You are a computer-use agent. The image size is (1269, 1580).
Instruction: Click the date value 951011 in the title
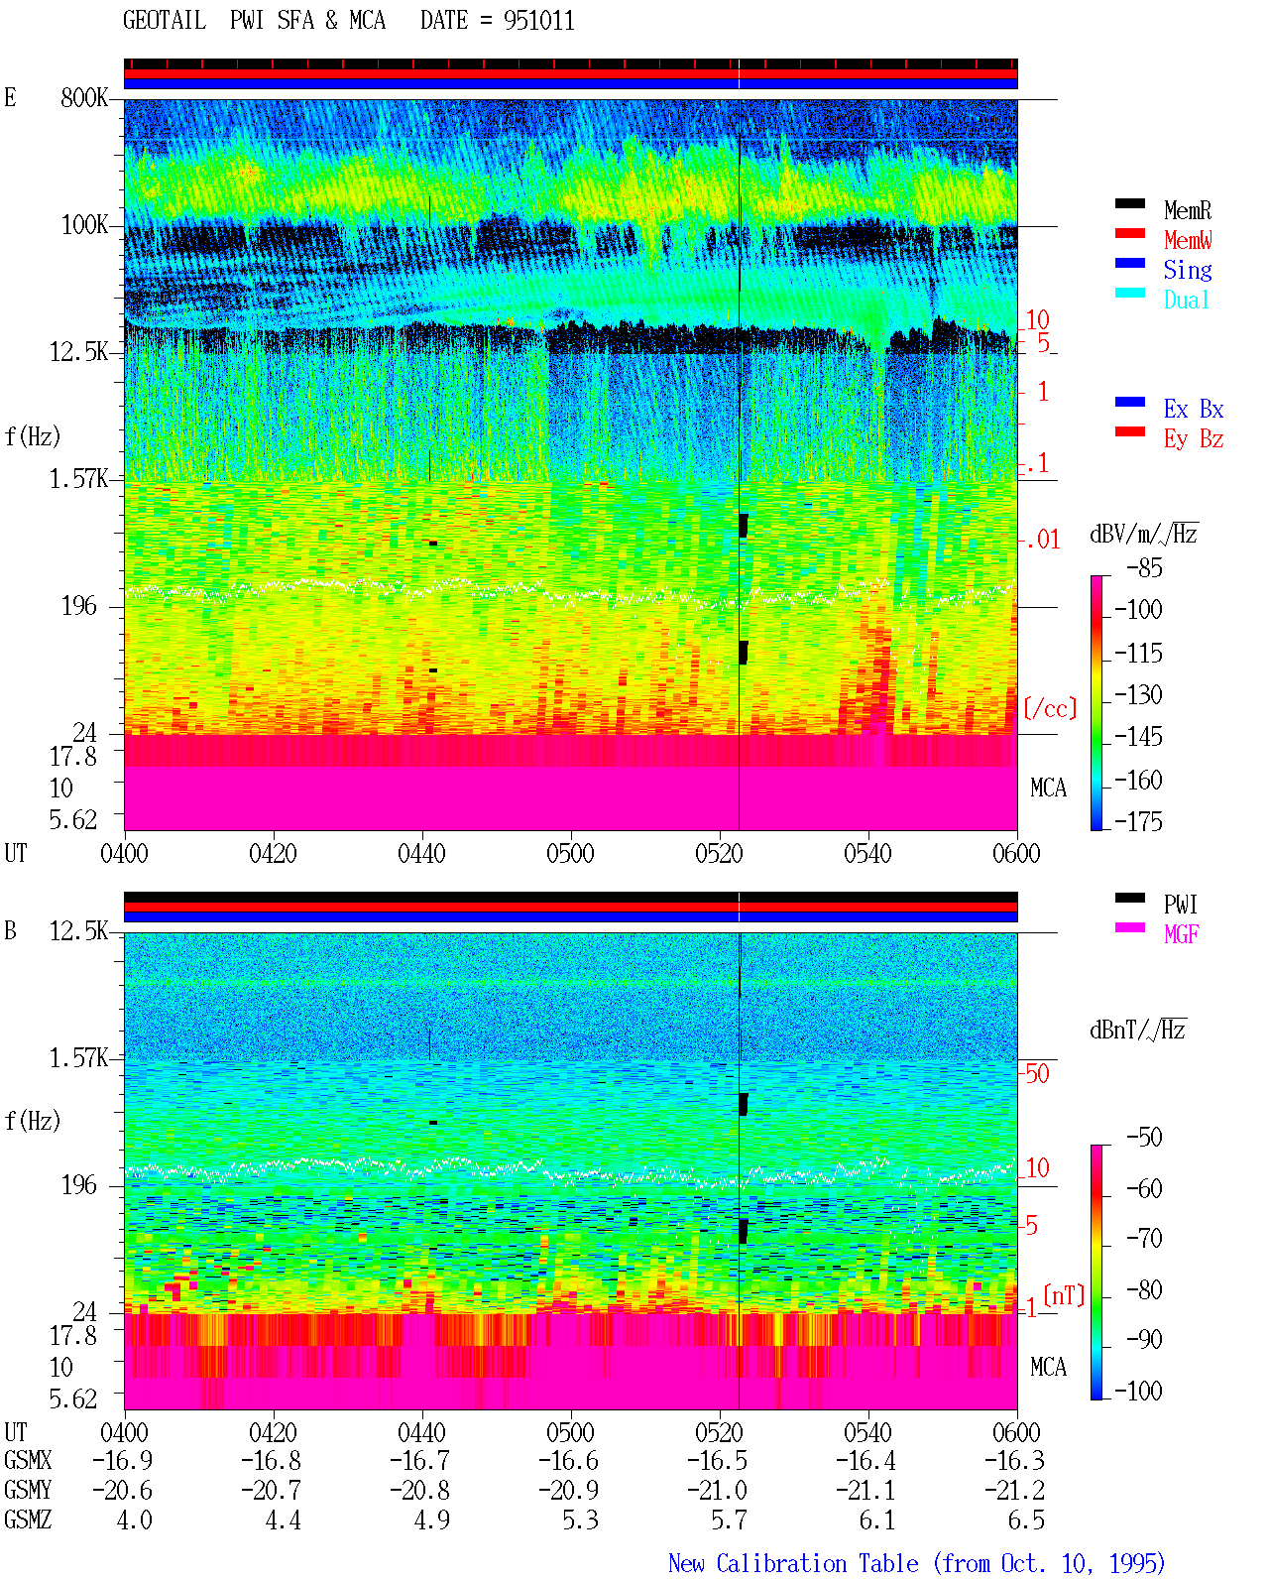(538, 21)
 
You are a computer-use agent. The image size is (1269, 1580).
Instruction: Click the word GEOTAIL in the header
(165, 21)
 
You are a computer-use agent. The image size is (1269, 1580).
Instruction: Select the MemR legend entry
(1188, 210)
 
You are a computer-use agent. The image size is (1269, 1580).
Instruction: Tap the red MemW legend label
(1188, 240)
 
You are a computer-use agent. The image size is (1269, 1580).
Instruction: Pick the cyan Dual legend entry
(1186, 300)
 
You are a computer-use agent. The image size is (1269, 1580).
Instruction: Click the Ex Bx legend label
(1194, 409)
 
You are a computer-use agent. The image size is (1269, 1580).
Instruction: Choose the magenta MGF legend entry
(1181, 934)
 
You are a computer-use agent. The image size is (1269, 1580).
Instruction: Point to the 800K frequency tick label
(84, 97)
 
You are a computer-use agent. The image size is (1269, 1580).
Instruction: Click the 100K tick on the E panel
(84, 225)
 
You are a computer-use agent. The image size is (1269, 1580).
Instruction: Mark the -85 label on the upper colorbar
(1144, 568)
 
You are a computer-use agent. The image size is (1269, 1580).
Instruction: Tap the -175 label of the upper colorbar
(1138, 821)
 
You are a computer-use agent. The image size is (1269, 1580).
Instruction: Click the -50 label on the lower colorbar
(1144, 1138)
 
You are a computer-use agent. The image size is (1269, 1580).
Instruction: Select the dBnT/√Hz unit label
(1138, 1031)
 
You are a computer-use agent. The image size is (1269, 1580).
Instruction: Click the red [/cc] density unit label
(1050, 708)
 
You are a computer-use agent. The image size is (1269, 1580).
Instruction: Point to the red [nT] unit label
(1064, 1294)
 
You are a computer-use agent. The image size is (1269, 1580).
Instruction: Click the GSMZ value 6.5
(1025, 1519)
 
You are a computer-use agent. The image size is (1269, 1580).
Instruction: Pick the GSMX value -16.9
(123, 1460)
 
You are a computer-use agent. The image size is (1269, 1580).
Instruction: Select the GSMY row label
(28, 1490)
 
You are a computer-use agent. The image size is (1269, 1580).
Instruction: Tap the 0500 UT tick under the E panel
(570, 854)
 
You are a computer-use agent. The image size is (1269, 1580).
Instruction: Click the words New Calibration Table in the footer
(793, 1563)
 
